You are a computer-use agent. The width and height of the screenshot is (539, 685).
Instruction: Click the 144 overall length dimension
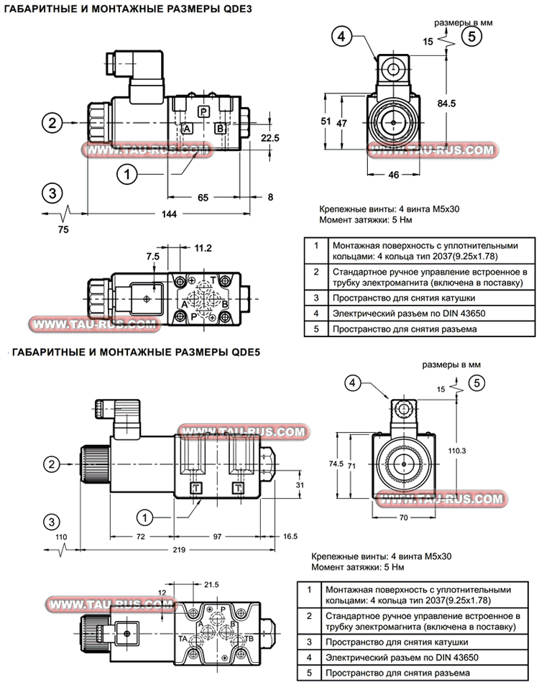coord(168,213)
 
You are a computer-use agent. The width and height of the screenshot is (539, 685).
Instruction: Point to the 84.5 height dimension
coord(447,104)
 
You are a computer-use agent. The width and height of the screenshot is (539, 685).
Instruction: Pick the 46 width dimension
coord(394,175)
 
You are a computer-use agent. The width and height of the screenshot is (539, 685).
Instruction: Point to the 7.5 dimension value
coord(152,256)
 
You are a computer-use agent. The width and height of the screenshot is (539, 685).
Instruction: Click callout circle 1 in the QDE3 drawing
coord(126,173)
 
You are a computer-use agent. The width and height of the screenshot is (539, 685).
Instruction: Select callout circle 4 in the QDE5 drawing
coord(353,383)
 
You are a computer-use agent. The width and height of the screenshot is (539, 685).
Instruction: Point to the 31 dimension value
coord(300,485)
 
